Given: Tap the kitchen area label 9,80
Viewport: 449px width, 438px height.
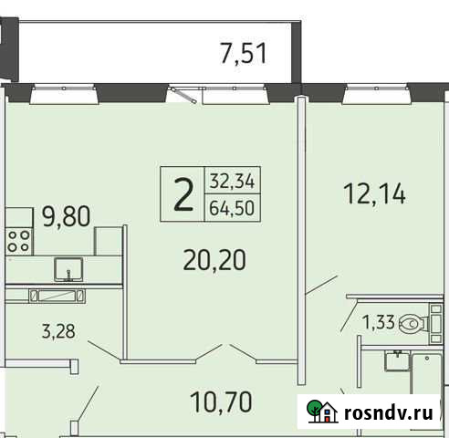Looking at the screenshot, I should (65, 217).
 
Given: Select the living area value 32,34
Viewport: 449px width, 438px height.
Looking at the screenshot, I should (232, 180).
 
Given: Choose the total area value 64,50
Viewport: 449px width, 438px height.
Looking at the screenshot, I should (232, 208).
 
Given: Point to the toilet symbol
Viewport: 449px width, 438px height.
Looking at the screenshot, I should (415, 321).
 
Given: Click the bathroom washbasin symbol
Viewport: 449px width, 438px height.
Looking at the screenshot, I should (395, 362).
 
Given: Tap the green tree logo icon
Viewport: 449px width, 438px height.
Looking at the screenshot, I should (318, 412).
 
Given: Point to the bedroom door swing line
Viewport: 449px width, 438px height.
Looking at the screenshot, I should (318, 288).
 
